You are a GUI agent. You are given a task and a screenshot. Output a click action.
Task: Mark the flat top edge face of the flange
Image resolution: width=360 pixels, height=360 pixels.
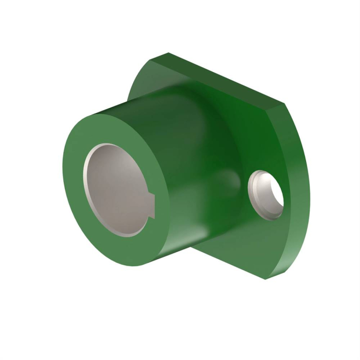(x=226, y=82)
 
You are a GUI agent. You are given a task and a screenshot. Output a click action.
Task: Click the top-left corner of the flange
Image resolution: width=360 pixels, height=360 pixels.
(x=168, y=54)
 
